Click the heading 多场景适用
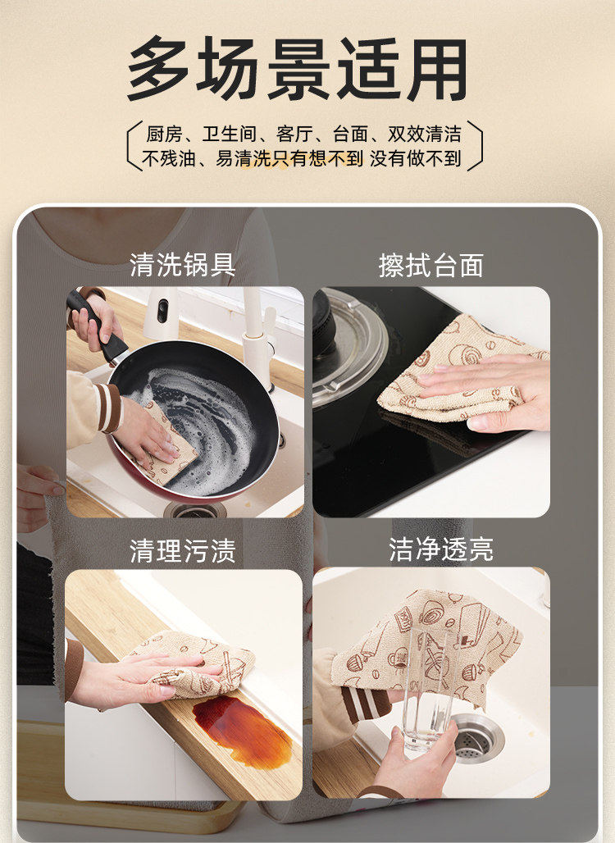(298, 69)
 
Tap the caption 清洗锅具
(183, 266)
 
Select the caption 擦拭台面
(431, 266)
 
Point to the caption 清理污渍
(183, 551)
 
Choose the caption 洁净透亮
(441, 549)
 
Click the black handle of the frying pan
(96, 326)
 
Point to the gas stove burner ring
(349, 344)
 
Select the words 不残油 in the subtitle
(169, 158)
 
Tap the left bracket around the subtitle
(134, 145)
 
